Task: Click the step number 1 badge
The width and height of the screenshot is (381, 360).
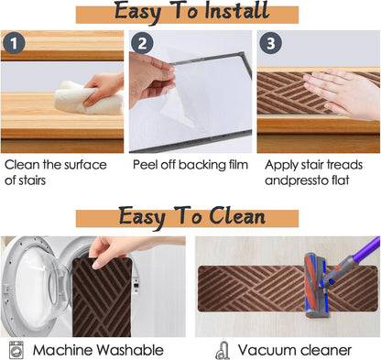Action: (x=14, y=43)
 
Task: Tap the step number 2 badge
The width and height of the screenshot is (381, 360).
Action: (x=142, y=43)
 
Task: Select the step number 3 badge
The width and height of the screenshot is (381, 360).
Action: (x=271, y=43)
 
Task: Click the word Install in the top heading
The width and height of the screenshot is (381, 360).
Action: (x=237, y=11)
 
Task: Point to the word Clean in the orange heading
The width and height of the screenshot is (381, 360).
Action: (x=237, y=216)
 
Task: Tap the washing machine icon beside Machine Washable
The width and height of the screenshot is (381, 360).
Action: (x=16, y=350)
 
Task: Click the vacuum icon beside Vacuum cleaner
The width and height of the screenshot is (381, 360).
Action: (x=223, y=351)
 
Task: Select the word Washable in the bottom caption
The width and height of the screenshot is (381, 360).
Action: (x=130, y=350)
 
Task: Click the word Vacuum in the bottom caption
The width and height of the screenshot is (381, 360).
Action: (x=262, y=350)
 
